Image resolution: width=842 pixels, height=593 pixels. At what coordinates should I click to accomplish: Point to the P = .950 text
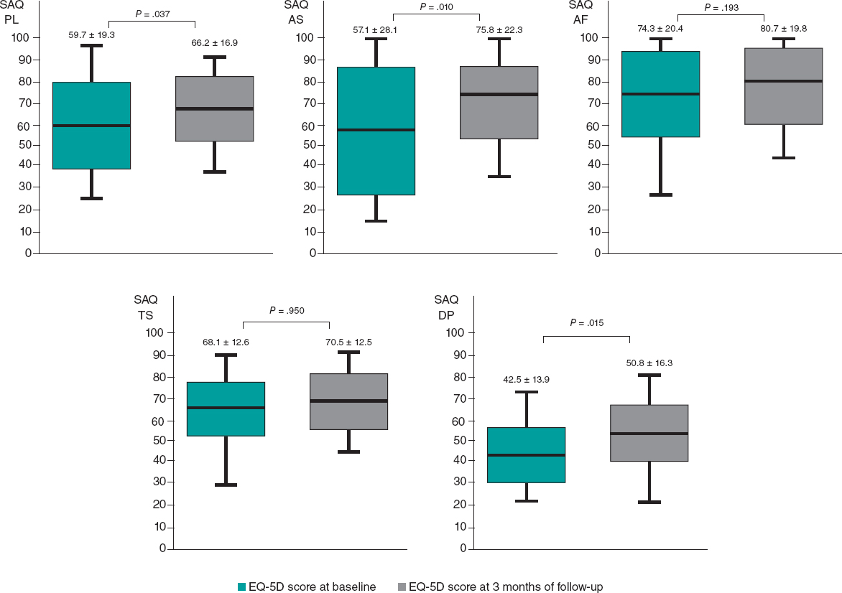point(286,311)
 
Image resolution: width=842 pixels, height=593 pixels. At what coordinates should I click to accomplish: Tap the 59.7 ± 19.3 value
point(91,34)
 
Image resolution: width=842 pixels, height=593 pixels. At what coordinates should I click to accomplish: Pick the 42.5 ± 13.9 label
point(527,379)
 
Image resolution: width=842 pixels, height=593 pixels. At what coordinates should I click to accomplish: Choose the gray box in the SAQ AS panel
point(499,102)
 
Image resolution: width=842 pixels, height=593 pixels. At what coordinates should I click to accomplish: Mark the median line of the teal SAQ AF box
point(661,93)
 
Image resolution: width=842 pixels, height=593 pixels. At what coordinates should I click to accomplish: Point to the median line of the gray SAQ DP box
point(649,434)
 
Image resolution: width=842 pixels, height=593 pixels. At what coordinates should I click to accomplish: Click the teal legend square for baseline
point(242,587)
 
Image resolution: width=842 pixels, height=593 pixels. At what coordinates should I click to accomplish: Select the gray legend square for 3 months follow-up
point(402,587)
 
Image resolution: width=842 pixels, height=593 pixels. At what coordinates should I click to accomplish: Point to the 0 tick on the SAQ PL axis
point(28,253)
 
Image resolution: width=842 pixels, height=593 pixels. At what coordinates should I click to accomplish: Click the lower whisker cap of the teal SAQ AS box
point(376,221)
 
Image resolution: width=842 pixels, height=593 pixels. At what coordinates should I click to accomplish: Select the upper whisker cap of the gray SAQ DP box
point(649,375)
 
